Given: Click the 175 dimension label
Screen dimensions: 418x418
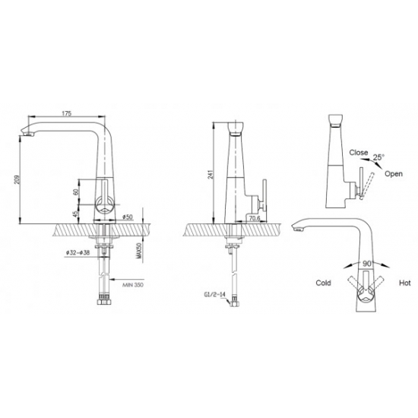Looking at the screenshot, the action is click(67, 113).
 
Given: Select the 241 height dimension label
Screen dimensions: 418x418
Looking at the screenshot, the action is click(210, 174).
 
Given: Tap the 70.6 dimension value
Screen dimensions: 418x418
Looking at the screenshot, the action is click(255, 218).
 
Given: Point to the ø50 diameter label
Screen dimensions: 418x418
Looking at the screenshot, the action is click(128, 217).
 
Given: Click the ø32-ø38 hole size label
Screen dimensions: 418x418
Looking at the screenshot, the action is click(78, 252).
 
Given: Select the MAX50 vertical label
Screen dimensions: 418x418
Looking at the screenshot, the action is click(138, 251).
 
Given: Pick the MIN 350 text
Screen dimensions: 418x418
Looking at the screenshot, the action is click(133, 285).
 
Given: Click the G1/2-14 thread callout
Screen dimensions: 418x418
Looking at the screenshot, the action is click(215, 294).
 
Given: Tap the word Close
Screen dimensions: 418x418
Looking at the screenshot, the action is click(359, 153).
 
